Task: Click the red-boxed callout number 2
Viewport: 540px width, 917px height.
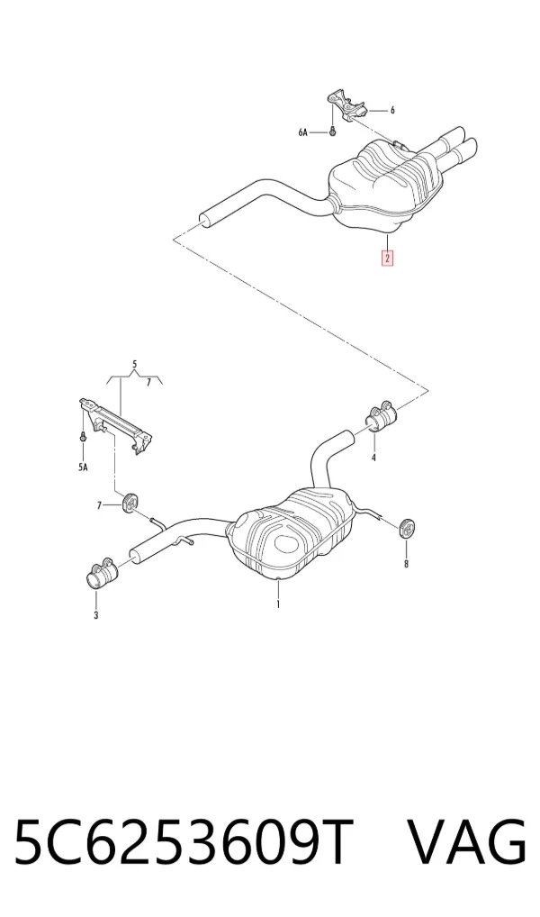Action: (387, 258)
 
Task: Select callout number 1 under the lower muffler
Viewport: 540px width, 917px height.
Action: (278, 604)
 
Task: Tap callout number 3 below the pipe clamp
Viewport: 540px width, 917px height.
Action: (95, 614)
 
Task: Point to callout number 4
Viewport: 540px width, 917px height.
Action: (373, 458)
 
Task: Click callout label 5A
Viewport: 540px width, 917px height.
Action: (83, 468)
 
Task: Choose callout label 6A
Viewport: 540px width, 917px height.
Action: (302, 132)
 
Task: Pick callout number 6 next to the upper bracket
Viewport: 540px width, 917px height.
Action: (392, 110)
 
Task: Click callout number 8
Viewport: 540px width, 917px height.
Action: (406, 564)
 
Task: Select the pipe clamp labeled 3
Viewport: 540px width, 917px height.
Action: (99, 573)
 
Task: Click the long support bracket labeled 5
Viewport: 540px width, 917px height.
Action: (116, 425)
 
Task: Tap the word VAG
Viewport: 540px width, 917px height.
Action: (465, 842)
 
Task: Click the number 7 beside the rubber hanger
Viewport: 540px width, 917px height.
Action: (99, 504)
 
